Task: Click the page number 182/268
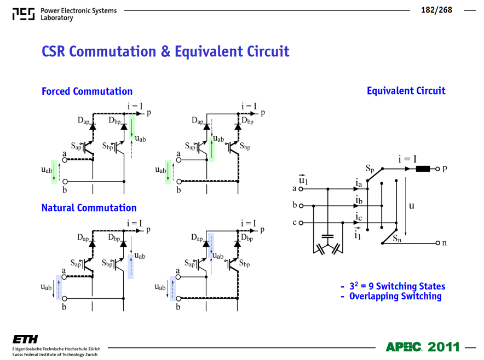click(x=436, y=10)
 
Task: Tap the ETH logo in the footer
click(x=25, y=339)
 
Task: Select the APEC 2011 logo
click(x=423, y=347)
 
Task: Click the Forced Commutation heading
click(x=87, y=91)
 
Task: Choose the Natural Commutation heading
click(x=89, y=208)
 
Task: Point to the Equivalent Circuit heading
click(x=406, y=91)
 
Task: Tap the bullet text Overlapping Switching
click(x=395, y=296)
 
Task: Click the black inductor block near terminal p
click(x=423, y=169)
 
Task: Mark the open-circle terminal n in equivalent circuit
click(x=437, y=243)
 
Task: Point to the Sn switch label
click(x=397, y=239)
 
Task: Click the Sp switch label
click(x=370, y=169)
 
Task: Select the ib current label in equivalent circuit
click(x=359, y=200)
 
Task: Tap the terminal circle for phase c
click(x=301, y=223)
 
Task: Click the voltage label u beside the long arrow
click(x=412, y=206)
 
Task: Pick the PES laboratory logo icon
click(x=24, y=14)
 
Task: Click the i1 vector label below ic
click(x=358, y=234)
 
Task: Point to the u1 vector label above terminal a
click(x=303, y=179)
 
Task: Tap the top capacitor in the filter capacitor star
click(x=327, y=236)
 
